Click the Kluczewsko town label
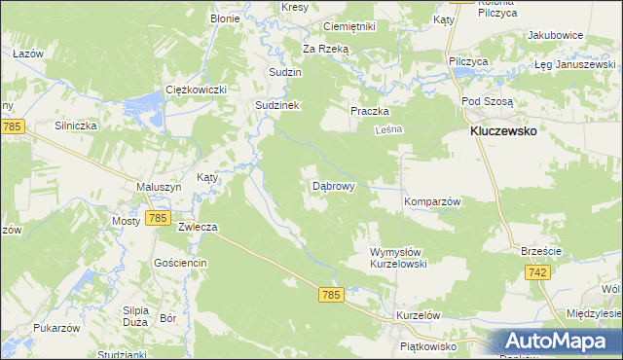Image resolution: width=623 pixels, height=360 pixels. pyautogui.click(x=504, y=131)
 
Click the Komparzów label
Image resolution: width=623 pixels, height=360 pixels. pyautogui.click(x=431, y=200)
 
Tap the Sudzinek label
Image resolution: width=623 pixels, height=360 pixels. pyautogui.click(x=280, y=104)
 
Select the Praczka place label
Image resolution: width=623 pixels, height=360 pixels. pyautogui.click(x=370, y=111)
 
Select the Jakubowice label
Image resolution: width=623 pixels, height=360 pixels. pyautogui.click(x=555, y=35)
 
